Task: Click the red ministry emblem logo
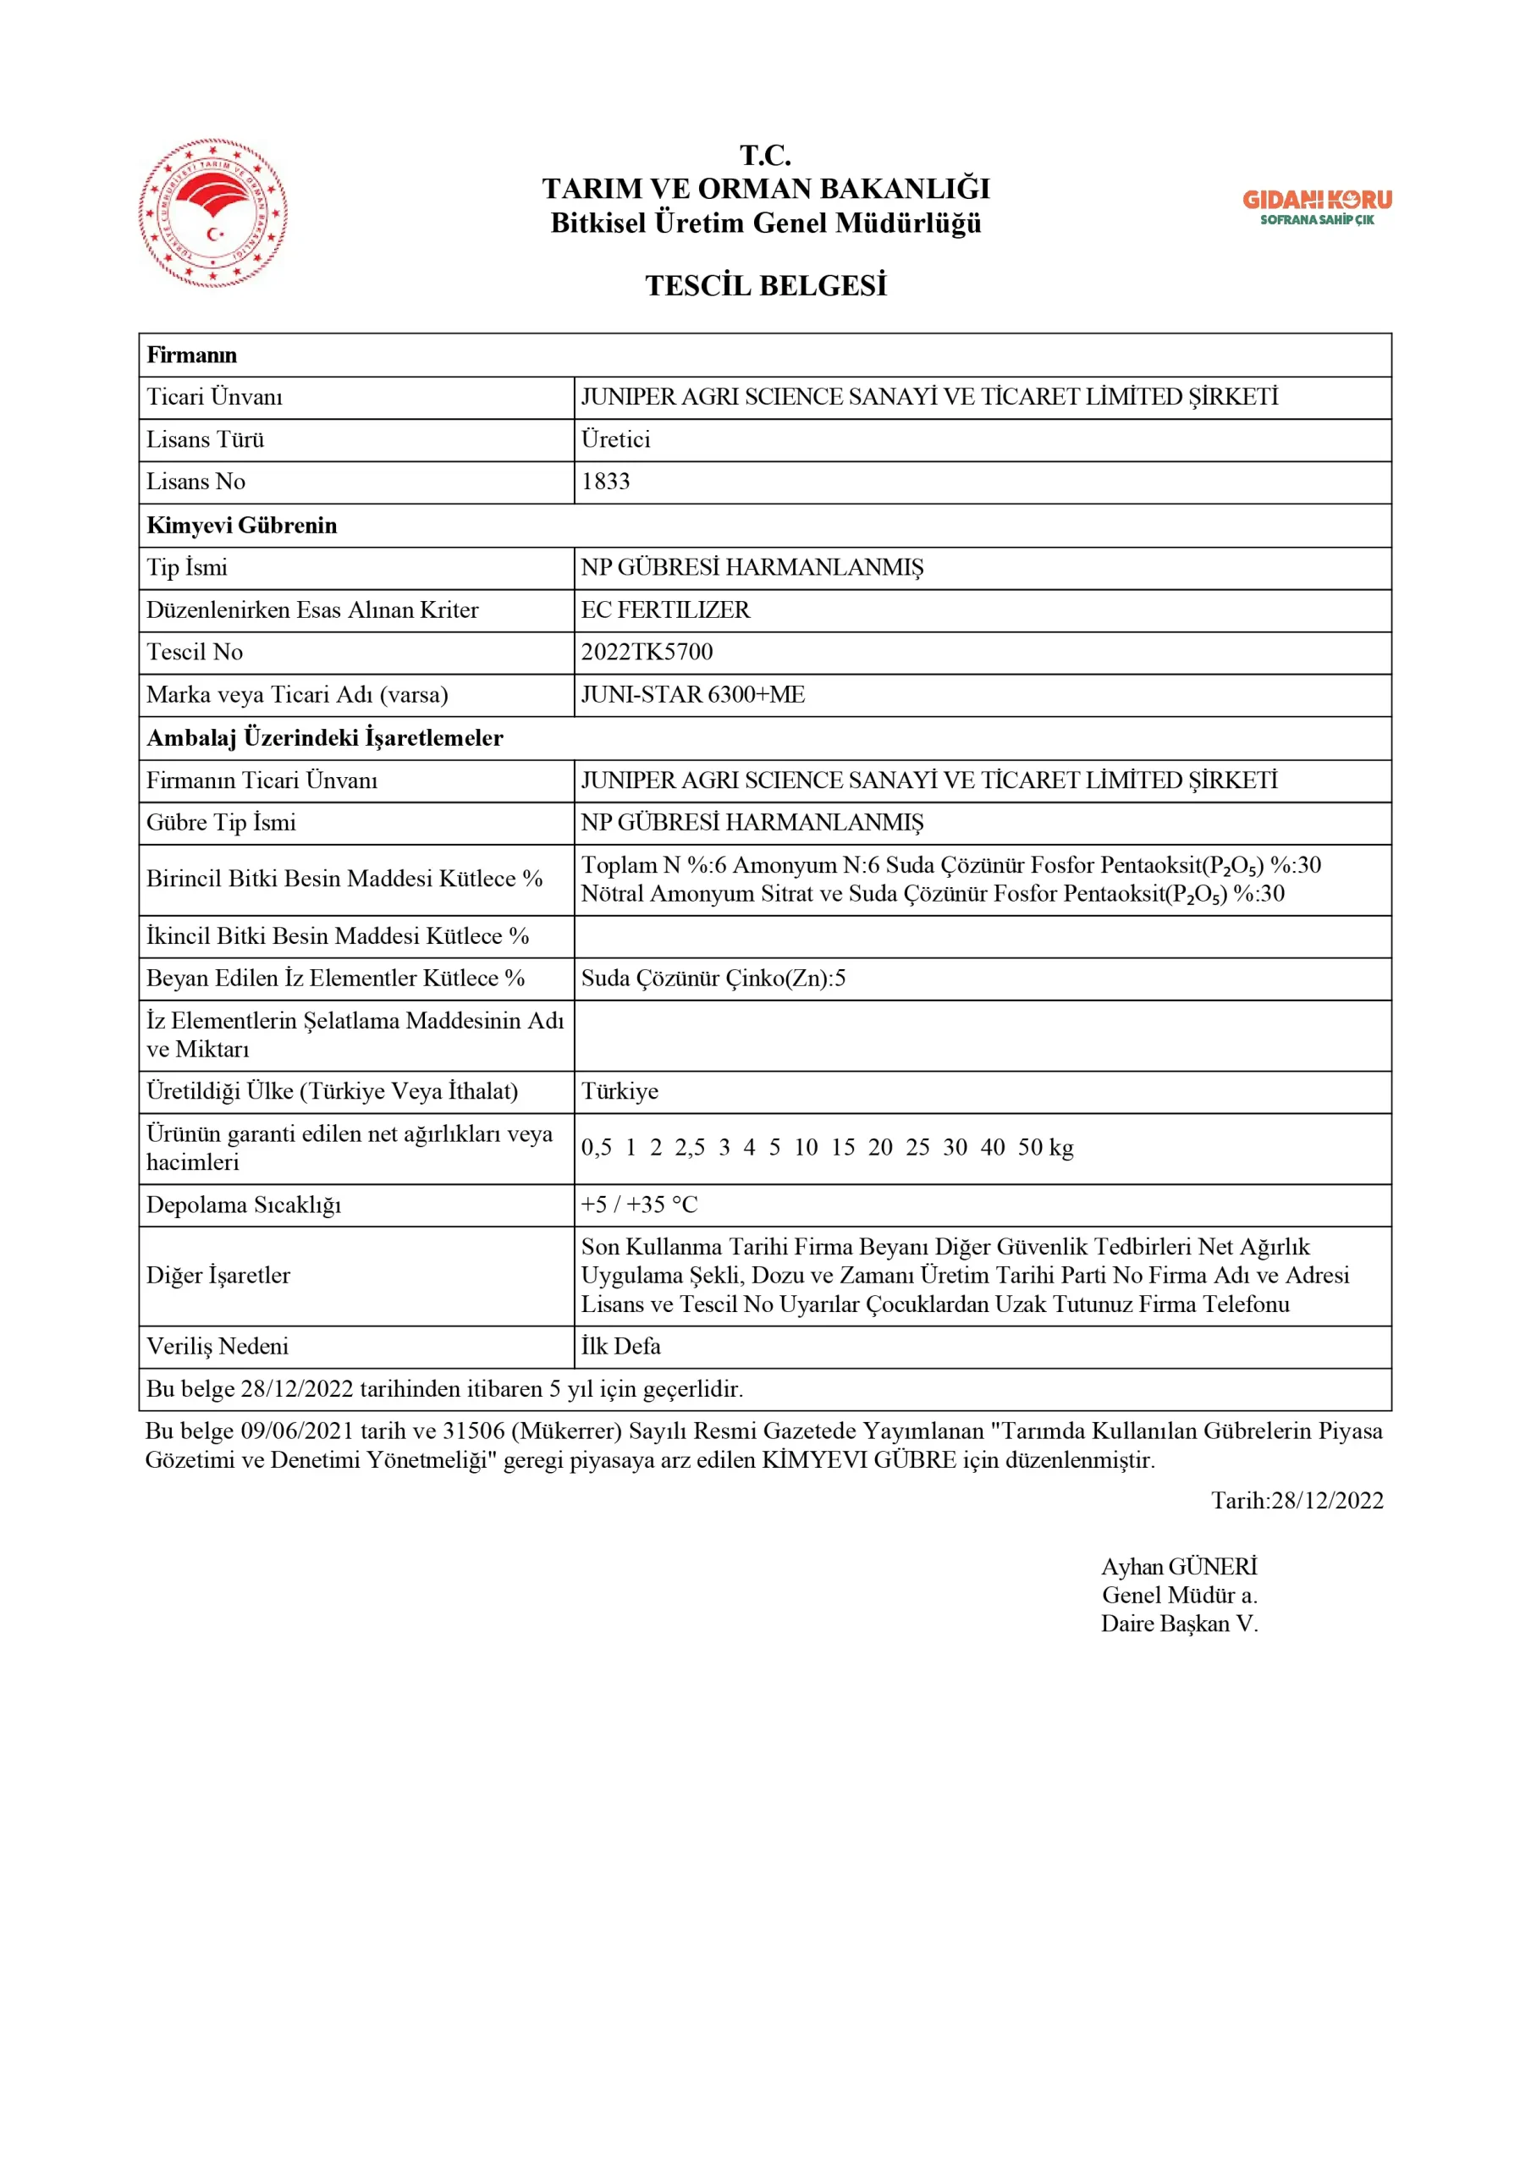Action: pyautogui.click(x=213, y=213)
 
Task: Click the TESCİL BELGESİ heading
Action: pyautogui.click(x=765, y=285)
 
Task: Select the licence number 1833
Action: pyautogui.click(x=605, y=482)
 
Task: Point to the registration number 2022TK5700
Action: pyautogui.click(x=647, y=652)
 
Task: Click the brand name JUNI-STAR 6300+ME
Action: pyautogui.click(x=693, y=695)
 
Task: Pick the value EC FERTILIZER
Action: pyautogui.click(x=665, y=609)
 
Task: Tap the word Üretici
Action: pyautogui.click(x=615, y=438)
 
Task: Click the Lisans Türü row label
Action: pyautogui.click(x=205, y=438)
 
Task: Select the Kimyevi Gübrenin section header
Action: pyautogui.click(x=242, y=525)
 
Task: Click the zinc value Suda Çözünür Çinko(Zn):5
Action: pyautogui.click(x=713, y=978)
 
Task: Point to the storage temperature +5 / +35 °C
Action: pyautogui.click(x=639, y=1205)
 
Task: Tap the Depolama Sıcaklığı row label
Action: pyautogui.click(x=244, y=1205)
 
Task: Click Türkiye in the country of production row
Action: pyautogui.click(x=620, y=1091)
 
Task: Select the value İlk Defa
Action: pyautogui.click(x=620, y=1346)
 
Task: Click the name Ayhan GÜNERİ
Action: pyautogui.click(x=1179, y=1567)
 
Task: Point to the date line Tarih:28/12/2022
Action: pyautogui.click(x=1297, y=1501)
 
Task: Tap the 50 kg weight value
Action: pyautogui.click(x=1045, y=1148)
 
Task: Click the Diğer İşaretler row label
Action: pyautogui.click(x=218, y=1275)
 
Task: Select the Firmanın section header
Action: pyautogui.click(x=191, y=355)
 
